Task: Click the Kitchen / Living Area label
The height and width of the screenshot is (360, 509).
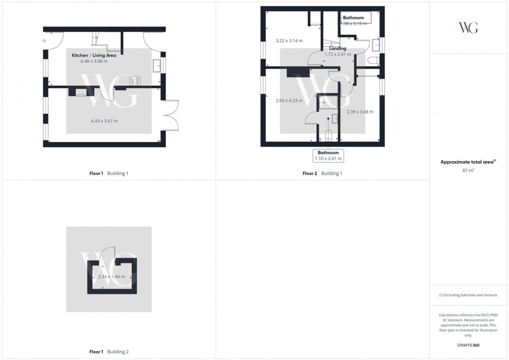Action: pyautogui.click(x=98, y=54)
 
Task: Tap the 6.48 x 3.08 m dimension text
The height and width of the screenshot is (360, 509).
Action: pyautogui.click(x=94, y=61)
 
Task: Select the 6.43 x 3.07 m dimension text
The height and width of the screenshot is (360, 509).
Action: pyautogui.click(x=104, y=121)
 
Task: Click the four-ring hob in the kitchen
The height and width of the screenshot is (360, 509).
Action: pyautogui.click(x=136, y=81)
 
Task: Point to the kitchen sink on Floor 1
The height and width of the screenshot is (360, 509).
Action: pyautogui.click(x=156, y=65)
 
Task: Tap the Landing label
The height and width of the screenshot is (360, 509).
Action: pyautogui.click(x=338, y=48)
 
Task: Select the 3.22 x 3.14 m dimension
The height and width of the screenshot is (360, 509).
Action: pyautogui.click(x=289, y=41)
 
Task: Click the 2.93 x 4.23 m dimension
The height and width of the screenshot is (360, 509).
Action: pyautogui.click(x=289, y=101)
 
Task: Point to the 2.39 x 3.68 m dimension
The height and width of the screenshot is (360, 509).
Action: pyautogui.click(x=360, y=112)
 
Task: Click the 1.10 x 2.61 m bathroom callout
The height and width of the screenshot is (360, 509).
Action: pyautogui.click(x=328, y=156)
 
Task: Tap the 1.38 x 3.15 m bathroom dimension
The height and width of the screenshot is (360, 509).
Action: pyautogui.click(x=353, y=23)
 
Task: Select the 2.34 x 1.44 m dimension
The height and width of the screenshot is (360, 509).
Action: pyautogui.click(x=112, y=277)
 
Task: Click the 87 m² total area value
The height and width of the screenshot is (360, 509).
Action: pyautogui.click(x=469, y=170)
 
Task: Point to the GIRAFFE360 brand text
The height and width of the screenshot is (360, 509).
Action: pyautogui.click(x=468, y=345)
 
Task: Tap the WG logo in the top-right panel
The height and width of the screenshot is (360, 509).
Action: pyautogui.click(x=468, y=28)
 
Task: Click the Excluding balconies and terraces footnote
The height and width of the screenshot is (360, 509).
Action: pyautogui.click(x=468, y=295)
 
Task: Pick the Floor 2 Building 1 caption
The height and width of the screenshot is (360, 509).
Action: pyautogui.click(x=323, y=174)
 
